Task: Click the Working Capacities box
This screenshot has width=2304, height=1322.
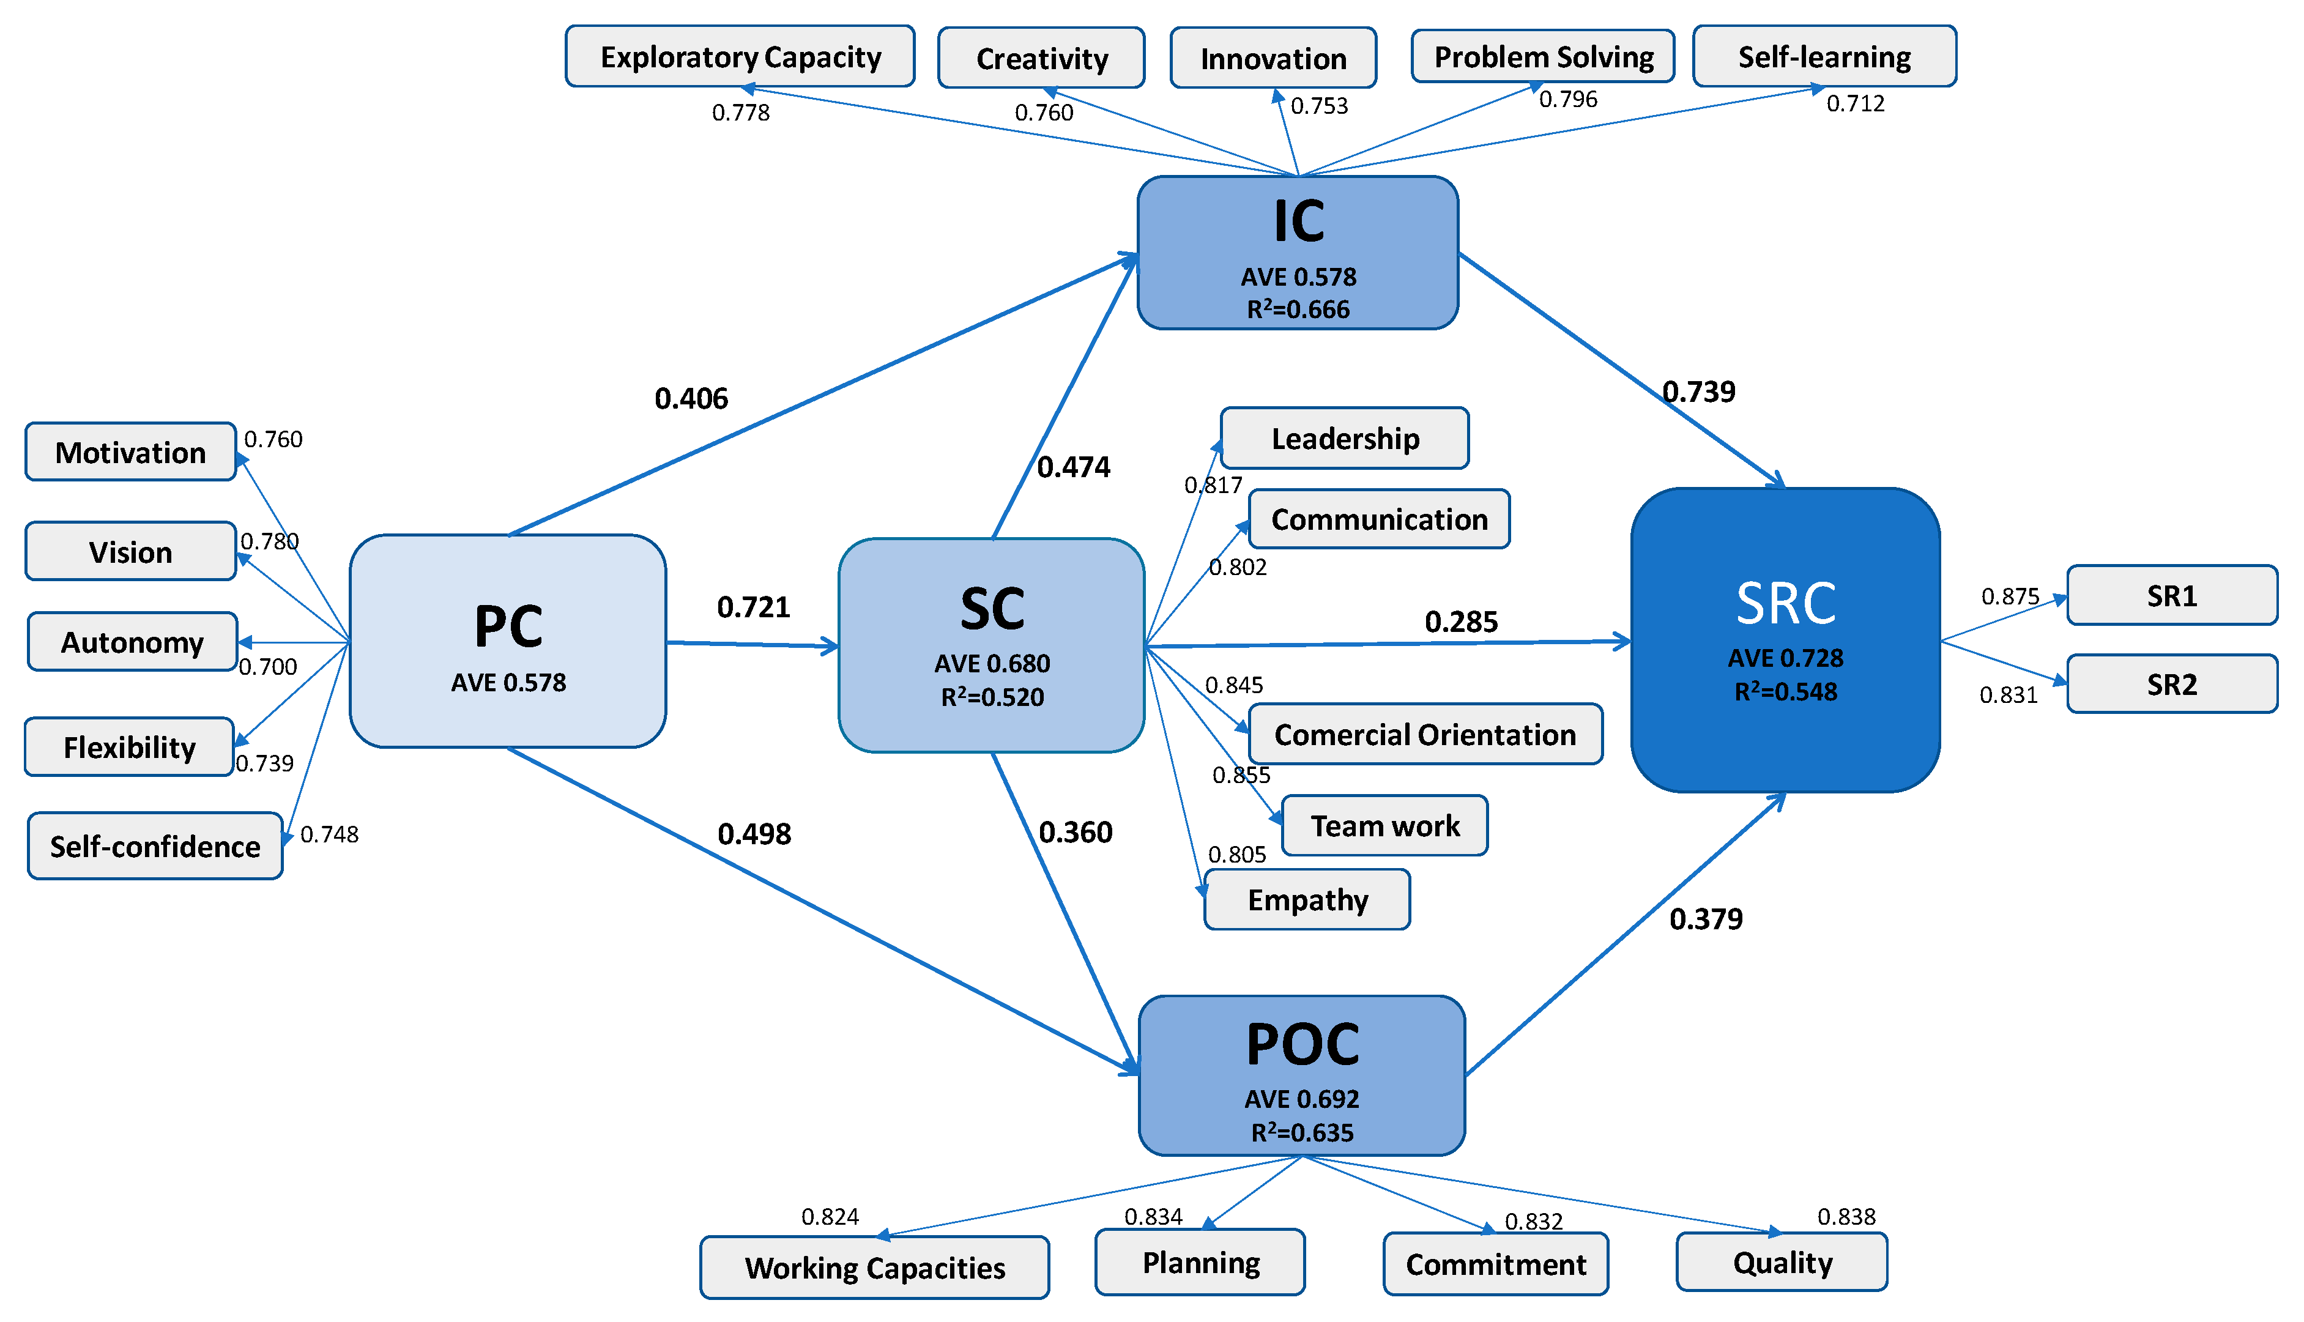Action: [x=874, y=1268]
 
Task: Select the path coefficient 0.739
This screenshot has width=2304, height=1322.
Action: [x=1698, y=392]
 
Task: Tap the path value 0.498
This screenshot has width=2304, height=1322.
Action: [x=754, y=833]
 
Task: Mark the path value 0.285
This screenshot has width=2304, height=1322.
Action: [x=1461, y=622]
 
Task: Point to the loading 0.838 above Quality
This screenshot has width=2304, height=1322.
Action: [x=1846, y=1217]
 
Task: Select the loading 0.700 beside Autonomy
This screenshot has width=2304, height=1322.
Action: [x=268, y=667]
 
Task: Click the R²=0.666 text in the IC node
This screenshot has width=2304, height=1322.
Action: [x=1298, y=310]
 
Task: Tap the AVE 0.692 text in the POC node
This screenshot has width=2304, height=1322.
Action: [x=1302, y=1099]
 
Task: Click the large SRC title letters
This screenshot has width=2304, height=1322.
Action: [x=1786, y=604]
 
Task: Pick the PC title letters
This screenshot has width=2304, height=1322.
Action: [x=508, y=626]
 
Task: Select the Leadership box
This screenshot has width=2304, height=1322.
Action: [x=1345, y=439]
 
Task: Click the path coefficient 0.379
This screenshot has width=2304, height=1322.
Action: [x=1706, y=919]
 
